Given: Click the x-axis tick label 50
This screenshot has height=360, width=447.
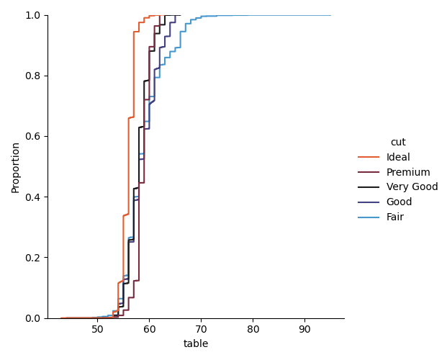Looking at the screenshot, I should (x=97, y=329).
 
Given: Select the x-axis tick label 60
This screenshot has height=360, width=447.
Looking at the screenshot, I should (x=149, y=329).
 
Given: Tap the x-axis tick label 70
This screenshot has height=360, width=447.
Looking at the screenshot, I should (x=201, y=329).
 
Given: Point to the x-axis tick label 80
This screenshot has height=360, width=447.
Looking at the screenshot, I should (x=253, y=329).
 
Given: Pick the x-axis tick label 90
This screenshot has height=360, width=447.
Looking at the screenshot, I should (x=304, y=329).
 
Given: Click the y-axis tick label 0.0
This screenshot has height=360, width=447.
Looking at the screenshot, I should (x=34, y=318).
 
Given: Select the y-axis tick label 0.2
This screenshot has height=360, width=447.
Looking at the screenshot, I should (x=34, y=258).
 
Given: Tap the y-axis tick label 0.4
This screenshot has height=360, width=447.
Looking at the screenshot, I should (x=34, y=197).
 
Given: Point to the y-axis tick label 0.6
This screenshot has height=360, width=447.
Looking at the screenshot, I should (x=34, y=137).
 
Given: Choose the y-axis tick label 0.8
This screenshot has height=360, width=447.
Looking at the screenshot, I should (x=34, y=76).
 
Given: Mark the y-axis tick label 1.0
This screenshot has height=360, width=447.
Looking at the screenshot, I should (x=34, y=16).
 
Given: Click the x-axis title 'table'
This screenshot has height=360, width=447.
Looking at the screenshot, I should (x=196, y=344).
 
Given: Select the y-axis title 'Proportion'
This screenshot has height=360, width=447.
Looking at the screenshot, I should (x=16, y=167).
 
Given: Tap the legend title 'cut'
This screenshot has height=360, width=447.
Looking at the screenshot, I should (x=398, y=143).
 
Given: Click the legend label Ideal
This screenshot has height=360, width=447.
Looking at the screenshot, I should (x=398, y=158).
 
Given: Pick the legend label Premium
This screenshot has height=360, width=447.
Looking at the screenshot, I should (x=408, y=173).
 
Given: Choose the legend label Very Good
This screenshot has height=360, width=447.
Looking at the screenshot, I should (x=411, y=187).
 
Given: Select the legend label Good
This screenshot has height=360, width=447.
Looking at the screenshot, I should (x=399, y=202).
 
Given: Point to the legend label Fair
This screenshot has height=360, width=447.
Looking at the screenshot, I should (x=395, y=217).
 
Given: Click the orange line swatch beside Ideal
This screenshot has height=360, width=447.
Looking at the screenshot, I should (x=369, y=158).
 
